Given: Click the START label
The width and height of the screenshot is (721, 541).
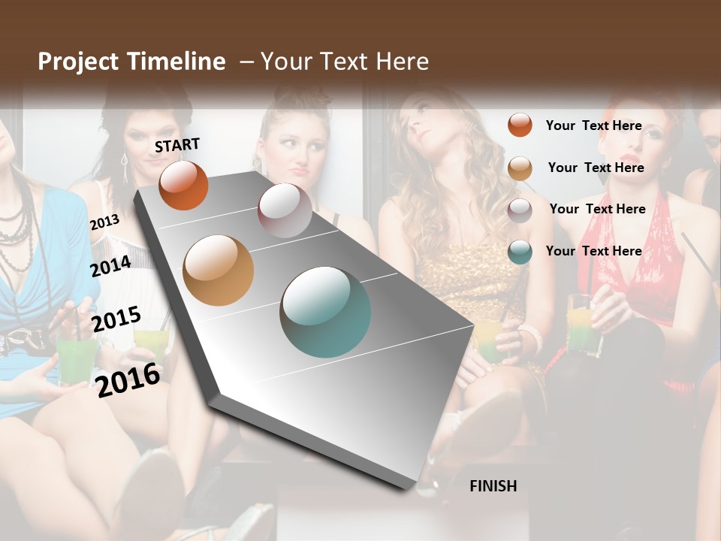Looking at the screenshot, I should pyautogui.click(x=177, y=145).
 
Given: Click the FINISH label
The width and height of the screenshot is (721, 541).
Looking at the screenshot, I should pyautogui.click(x=493, y=486).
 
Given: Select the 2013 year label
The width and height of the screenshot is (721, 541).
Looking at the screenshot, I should pyautogui.click(x=104, y=222).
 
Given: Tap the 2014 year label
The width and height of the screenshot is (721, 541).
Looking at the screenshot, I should pyautogui.click(x=111, y=266).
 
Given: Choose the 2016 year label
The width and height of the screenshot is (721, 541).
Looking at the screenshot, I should pyautogui.click(x=128, y=379).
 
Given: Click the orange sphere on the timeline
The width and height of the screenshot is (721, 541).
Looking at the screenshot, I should pyautogui.click(x=183, y=185).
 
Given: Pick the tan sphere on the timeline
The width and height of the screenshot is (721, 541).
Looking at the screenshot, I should pyautogui.click(x=218, y=270).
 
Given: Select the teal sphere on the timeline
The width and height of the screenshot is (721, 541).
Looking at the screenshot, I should pyautogui.click(x=325, y=312).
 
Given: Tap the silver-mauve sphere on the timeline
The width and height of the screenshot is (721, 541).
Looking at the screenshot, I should pyautogui.click(x=285, y=210).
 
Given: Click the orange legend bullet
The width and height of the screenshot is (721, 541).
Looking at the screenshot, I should pyautogui.click(x=520, y=125).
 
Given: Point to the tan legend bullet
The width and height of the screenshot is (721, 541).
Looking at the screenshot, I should pyautogui.click(x=520, y=168).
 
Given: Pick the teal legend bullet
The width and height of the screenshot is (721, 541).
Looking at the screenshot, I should pyautogui.click(x=520, y=252).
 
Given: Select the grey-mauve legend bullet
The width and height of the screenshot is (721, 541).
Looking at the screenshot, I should pyautogui.click(x=520, y=210).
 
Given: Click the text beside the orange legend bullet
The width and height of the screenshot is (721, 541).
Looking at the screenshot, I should pyautogui.click(x=593, y=125).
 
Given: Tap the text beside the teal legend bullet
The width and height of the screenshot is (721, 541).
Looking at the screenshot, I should pyautogui.click(x=593, y=251).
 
